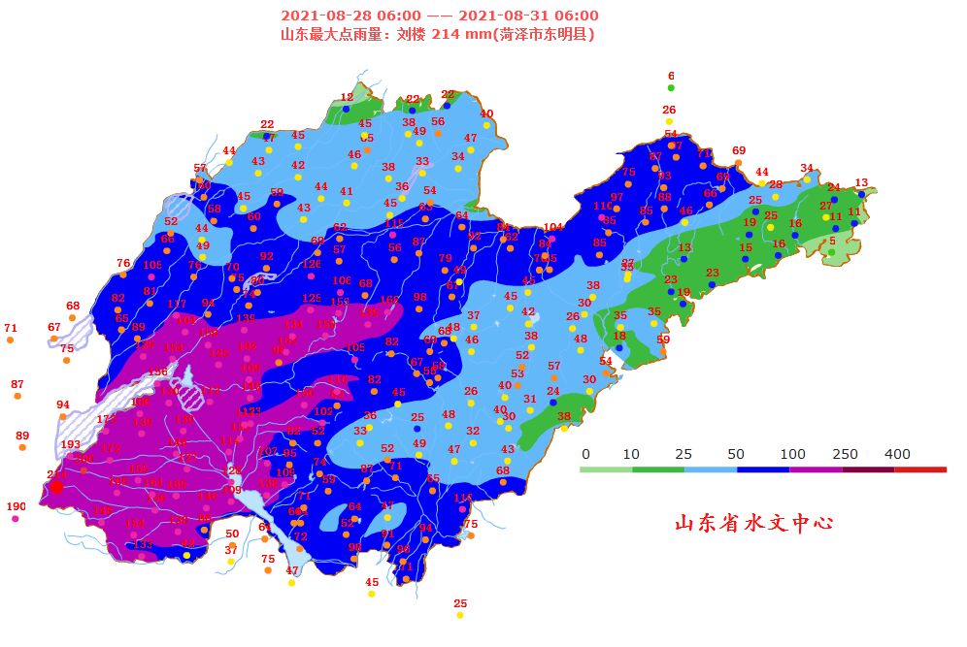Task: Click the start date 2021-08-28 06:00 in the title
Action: click(x=350, y=16)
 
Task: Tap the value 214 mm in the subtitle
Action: click(x=461, y=34)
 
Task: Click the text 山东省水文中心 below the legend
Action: click(x=754, y=523)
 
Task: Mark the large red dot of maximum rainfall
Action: click(x=56, y=486)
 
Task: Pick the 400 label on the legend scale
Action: click(x=897, y=454)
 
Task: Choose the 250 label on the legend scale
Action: click(x=844, y=454)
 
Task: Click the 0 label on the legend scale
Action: click(x=585, y=454)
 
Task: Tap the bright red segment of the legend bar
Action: click(x=920, y=469)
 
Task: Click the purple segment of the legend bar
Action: click(x=816, y=469)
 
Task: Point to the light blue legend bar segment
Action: click(x=711, y=469)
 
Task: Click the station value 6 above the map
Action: click(x=671, y=76)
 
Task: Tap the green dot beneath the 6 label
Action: click(x=671, y=88)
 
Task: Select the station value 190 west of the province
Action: click(x=17, y=506)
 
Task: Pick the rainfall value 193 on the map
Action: click(x=71, y=444)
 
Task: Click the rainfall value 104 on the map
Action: click(x=552, y=227)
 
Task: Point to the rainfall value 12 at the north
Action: click(x=347, y=97)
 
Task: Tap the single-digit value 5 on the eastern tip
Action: click(x=832, y=241)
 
